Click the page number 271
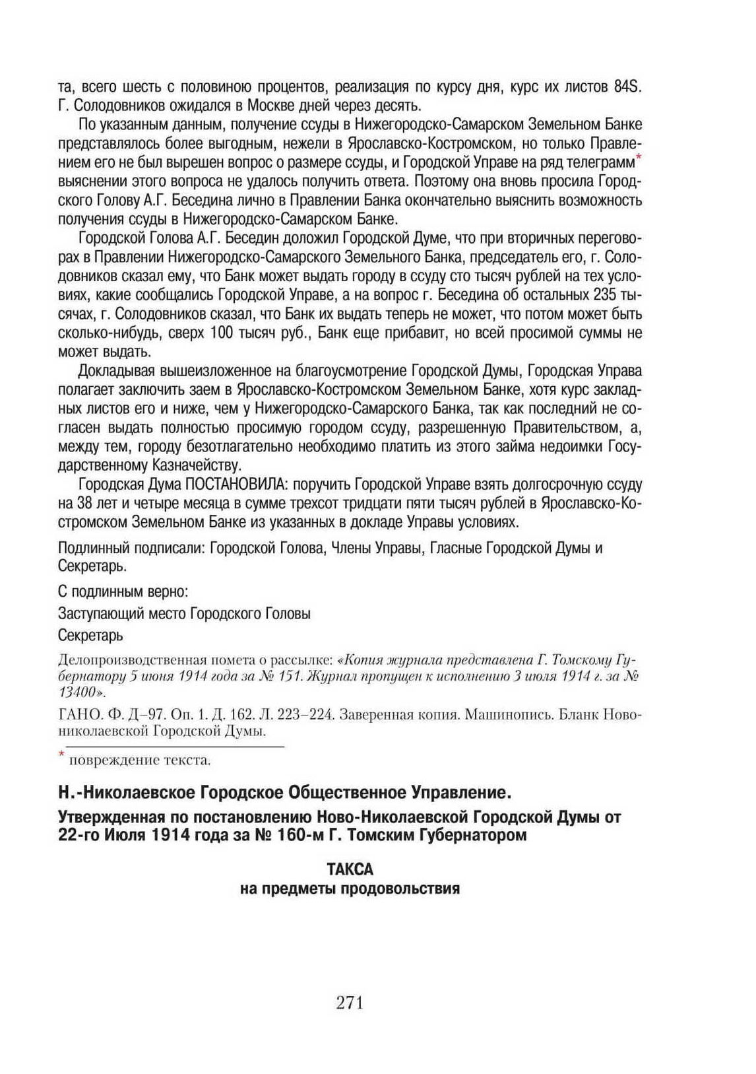click(350, 1003)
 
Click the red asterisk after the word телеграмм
click(639, 158)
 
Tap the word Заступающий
click(98, 613)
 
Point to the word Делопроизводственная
click(122, 659)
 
